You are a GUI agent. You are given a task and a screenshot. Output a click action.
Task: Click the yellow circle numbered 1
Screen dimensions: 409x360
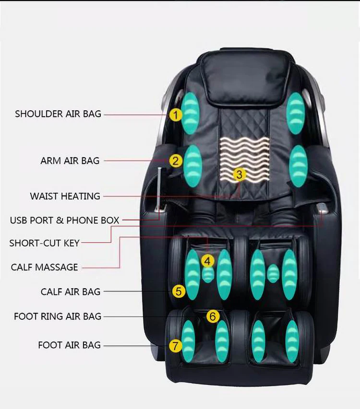176,115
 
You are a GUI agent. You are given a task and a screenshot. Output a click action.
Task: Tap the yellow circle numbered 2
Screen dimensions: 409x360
176,161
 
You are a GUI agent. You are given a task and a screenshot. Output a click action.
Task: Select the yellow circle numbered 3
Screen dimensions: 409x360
240,175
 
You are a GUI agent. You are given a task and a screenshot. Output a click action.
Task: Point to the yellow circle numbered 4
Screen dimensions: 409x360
207,261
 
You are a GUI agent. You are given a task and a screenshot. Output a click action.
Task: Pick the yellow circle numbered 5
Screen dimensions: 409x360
178,291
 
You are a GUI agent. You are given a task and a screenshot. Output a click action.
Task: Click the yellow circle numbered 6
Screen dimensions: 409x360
213,316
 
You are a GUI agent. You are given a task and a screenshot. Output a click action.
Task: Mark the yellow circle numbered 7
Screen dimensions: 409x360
175,345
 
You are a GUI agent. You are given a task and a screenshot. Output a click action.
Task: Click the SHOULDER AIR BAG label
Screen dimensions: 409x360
58,114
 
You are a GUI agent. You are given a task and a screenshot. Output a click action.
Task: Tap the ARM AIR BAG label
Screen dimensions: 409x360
70,161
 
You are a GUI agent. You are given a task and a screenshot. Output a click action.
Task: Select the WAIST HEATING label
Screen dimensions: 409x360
65,196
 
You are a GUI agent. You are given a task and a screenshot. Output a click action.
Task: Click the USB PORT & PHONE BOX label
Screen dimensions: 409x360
64,221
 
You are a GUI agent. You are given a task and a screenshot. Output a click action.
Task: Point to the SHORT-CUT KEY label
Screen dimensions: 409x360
45,243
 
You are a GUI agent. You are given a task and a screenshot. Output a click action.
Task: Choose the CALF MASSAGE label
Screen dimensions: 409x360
44,267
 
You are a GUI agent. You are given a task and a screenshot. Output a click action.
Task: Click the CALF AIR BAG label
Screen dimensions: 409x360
71,292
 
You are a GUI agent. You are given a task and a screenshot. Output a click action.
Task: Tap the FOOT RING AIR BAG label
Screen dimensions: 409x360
58,316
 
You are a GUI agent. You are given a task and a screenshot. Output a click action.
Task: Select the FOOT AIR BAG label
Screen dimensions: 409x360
70,345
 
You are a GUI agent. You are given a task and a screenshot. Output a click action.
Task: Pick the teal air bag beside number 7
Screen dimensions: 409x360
188,341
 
